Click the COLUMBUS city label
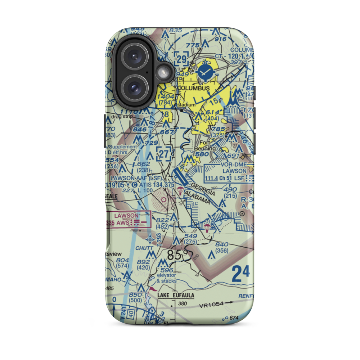193,88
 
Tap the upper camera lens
134,57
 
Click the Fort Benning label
209,145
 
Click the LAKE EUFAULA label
176,296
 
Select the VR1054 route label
212,305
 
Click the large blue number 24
240,273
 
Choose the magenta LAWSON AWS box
128,219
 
